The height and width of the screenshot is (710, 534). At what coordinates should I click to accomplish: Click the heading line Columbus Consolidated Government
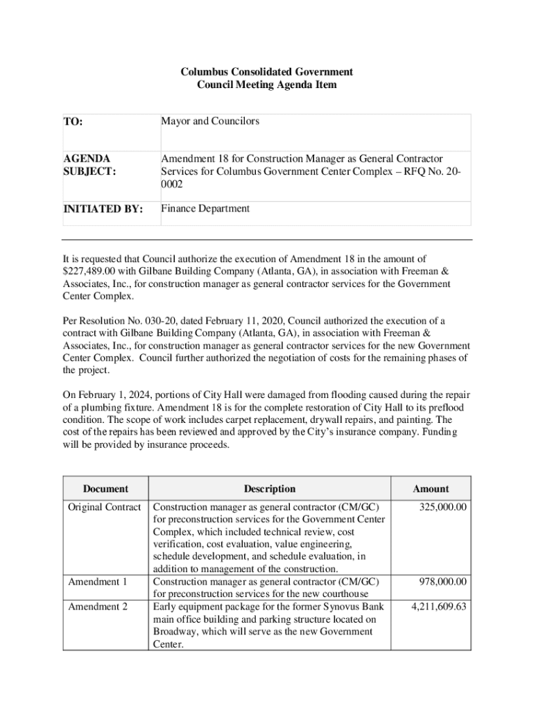click(x=267, y=72)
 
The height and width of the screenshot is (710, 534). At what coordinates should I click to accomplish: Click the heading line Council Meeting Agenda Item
click(x=267, y=85)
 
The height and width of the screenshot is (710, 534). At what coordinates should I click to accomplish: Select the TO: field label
click(x=73, y=122)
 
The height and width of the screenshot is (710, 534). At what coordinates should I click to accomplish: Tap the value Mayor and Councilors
click(x=210, y=121)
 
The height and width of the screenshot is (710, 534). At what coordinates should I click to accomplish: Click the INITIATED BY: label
click(x=103, y=209)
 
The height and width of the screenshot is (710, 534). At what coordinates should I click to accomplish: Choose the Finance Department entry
click(x=205, y=209)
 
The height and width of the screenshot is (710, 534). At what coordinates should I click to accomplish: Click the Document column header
click(x=105, y=489)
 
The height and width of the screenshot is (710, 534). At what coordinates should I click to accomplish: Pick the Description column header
click(x=270, y=489)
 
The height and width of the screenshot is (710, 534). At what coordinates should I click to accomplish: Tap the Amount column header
click(x=431, y=489)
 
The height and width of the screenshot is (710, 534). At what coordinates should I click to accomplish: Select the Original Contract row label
click(x=105, y=507)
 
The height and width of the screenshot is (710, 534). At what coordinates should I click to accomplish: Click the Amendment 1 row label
click(x=98, y=582)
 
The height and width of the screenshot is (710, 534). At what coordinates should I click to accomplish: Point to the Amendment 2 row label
click(x=98, y=607)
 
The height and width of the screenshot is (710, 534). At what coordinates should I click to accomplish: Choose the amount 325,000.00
click(x=442, y=507)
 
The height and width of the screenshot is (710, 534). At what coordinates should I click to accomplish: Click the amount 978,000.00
click(x=442, y=582)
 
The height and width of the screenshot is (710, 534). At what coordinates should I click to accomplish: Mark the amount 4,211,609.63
click(x=438, y=607)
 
